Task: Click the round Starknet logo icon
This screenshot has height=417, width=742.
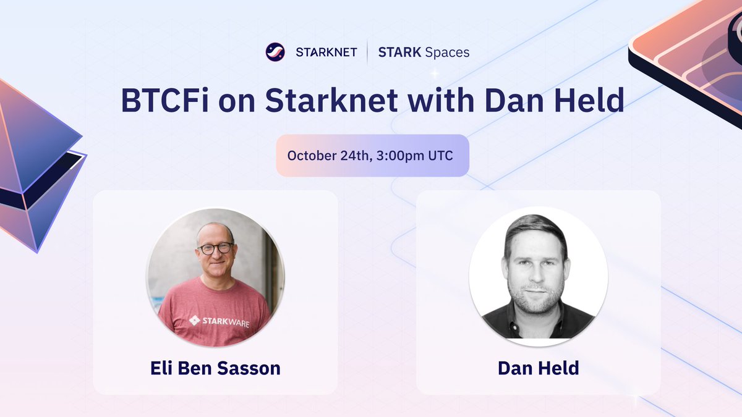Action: pos(275,52)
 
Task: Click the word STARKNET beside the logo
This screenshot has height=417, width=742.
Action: pos(326,53)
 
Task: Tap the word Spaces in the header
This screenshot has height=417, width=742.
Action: pos(446,53)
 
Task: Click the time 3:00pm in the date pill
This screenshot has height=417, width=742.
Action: pos(401,155)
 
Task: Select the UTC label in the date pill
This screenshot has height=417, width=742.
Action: pos(441,155)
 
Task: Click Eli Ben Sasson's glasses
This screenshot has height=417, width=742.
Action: pos(215,248)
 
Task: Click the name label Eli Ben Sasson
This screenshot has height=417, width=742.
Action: pos(215,368)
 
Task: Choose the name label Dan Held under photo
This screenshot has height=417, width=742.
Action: pos(538,368)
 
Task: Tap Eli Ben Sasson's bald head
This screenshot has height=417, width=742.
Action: pos(215,230)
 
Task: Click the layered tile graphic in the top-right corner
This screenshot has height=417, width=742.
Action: pos(693,56)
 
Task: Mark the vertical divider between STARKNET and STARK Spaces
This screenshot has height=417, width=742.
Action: pos(368,53)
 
